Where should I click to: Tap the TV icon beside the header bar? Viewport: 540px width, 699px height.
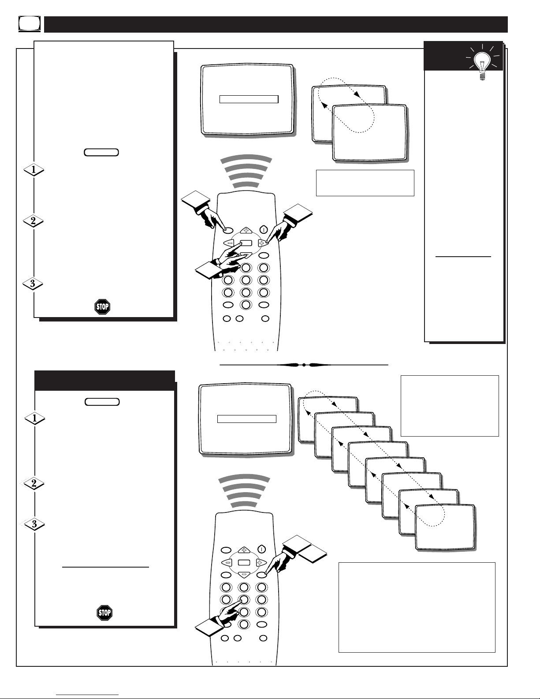(x=30, y=24)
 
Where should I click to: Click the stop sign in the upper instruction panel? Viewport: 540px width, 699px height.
(x=102, y=307)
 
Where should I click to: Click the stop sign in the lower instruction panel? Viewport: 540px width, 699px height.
(x=104, y=612)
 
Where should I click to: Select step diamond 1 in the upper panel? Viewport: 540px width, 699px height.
(x=34, y=170)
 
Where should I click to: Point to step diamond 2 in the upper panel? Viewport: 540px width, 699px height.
(x=34, y=221)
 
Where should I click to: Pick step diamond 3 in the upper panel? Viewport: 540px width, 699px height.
(x=33, y=284)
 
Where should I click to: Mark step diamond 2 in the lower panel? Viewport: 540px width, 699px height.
(x=34, y=483)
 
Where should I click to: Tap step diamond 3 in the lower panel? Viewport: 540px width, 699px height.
(x=34, y=524)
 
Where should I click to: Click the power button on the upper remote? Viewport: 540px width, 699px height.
(x=264, y=229)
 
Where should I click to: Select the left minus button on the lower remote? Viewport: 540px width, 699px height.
(x=227, y=562)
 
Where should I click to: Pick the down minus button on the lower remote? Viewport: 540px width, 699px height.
(x=244, y=575)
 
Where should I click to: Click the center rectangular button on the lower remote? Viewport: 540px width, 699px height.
(x=244, y=563)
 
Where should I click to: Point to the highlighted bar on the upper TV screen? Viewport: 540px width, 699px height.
(x=249, y=99)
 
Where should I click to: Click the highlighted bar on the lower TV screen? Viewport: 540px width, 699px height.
(x=247, y=419)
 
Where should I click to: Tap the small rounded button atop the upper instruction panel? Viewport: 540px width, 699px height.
(x=101, y=153)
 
